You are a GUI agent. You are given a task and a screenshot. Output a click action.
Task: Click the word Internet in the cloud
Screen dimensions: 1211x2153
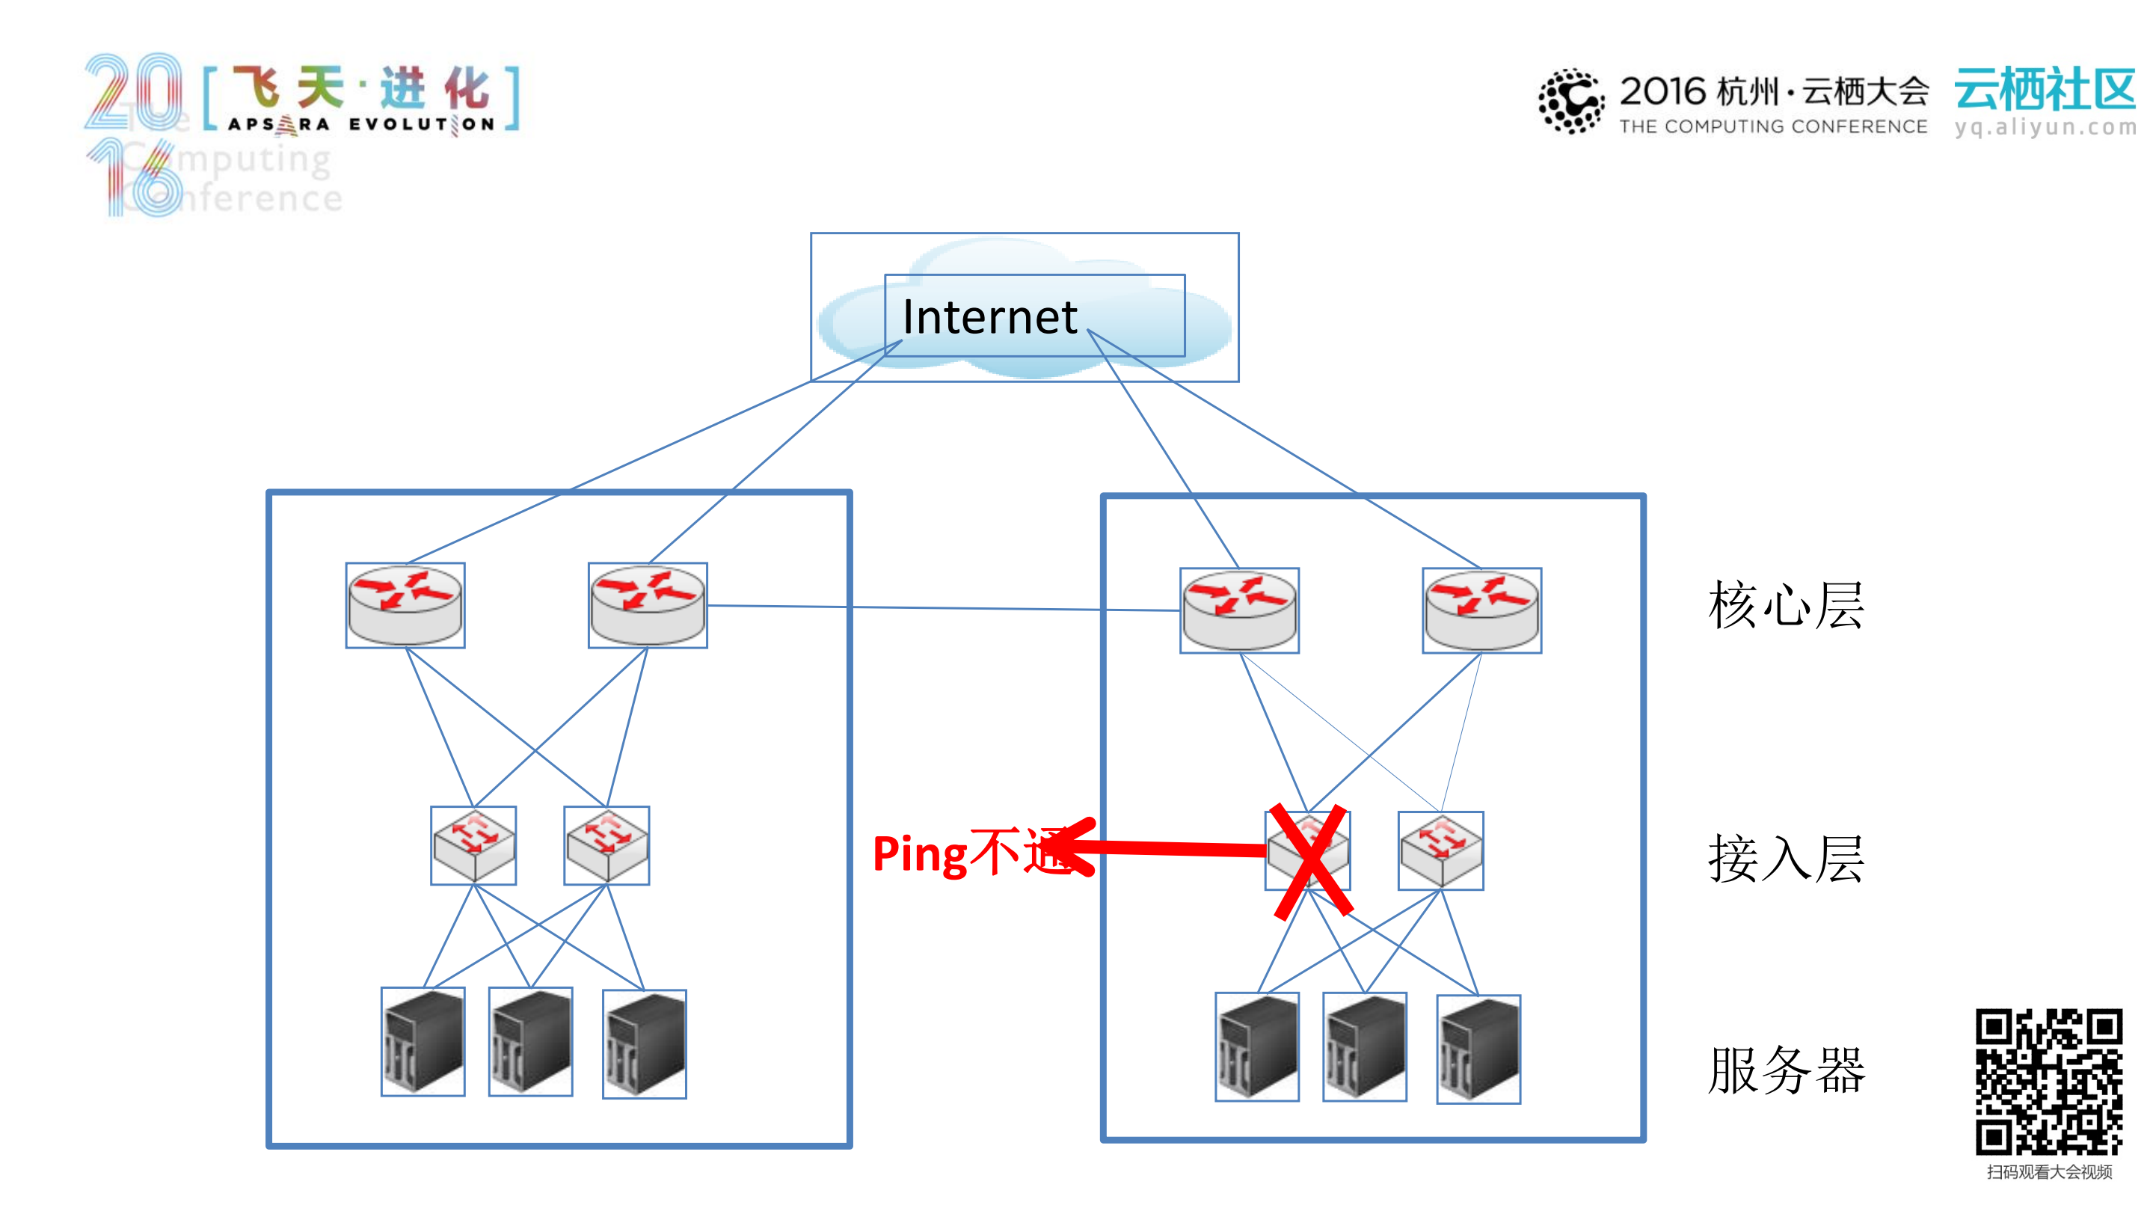tap(989, 318)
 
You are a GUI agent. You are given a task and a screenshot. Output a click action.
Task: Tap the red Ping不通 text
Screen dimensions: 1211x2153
tap(961, 853)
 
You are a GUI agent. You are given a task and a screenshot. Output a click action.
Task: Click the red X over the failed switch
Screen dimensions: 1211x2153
tap(1309, 861)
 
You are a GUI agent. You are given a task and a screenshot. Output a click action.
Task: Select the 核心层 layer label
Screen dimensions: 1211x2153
tap(1786, 605)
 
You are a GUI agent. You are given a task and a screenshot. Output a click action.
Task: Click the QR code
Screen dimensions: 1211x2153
tap(2048, 1082)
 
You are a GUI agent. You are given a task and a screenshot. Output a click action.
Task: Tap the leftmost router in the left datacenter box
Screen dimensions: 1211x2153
tap(405, 605)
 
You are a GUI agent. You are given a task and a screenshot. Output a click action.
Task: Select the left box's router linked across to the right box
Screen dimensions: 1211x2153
tap(648, 605)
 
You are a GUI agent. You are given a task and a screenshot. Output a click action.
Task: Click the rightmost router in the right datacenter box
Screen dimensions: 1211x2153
tap(1482, 610)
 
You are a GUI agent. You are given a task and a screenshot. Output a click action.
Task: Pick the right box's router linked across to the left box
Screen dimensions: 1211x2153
tap(1239, 610)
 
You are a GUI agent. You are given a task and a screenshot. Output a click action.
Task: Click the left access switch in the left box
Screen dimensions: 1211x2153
tap(473, 845)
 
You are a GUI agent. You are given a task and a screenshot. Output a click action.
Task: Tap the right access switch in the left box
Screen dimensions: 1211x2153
tap(606, 845)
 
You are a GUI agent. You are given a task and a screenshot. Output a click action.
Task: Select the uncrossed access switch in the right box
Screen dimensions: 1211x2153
tap(1441, 850)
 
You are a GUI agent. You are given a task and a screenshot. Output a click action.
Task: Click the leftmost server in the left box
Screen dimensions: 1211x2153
tap(423, 1041)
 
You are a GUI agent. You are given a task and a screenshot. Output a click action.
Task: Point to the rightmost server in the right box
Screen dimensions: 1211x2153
tap(1478, 1049)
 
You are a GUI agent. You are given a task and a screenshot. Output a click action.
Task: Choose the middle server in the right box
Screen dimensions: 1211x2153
tap(1365, 1046)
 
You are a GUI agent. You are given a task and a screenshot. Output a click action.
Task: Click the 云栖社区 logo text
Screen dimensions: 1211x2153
tap(2045, 90)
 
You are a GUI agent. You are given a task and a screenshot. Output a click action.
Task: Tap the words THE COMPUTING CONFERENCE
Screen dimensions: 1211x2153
tap(1772, 126)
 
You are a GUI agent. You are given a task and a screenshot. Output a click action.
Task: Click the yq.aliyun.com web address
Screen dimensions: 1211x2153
tap(2045, 127)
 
